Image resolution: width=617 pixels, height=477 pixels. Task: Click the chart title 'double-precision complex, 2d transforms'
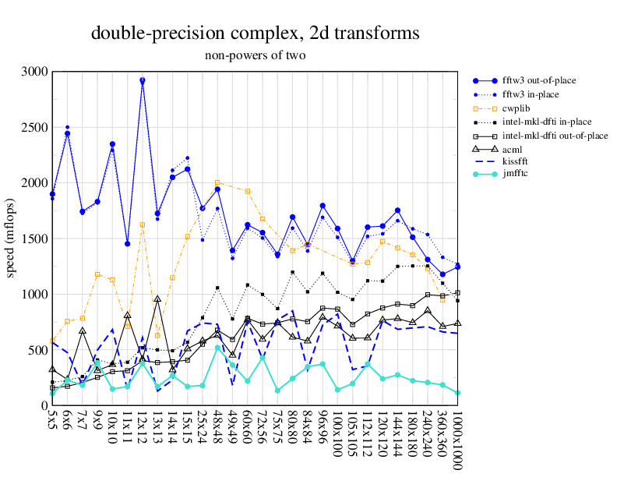[x=256, y=34]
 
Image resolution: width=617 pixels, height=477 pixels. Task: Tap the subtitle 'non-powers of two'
[x=256, y=55]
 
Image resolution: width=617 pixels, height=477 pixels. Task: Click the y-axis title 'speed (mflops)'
[x=11, y=238]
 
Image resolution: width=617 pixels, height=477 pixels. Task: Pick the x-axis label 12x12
[x=143, y=429]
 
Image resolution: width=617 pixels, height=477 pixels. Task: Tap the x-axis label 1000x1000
[x=457, y=440]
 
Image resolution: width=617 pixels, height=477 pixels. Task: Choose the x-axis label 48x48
[x=218, y=429]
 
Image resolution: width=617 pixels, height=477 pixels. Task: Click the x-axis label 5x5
[x=52, y=425]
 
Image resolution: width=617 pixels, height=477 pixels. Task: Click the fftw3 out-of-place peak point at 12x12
[x=143, y=80]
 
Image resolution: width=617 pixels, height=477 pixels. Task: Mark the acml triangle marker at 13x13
[x=157, y=299]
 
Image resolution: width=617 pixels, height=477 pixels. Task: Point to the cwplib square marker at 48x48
[x=218, y=182]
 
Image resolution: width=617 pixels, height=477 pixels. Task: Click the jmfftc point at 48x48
[x=218, y=348]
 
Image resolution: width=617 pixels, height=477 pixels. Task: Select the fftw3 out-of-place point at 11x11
[x=127, y=244]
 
